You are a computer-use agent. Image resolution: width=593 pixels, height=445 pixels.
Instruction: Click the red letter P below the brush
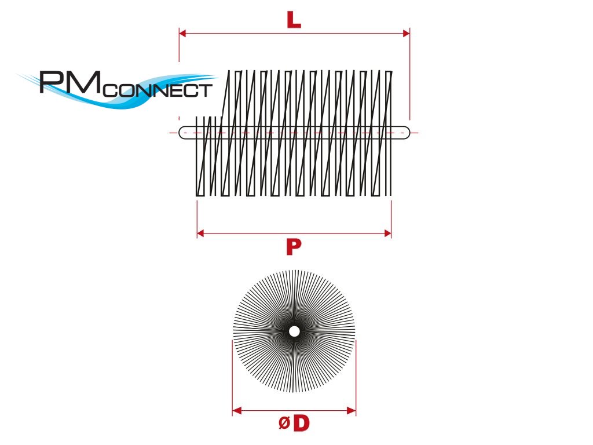click(x=294, y=247)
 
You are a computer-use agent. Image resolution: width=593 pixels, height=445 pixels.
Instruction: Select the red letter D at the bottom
click(x=301, y=424)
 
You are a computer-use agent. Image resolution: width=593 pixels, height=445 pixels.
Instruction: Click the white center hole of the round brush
click(x=294, y=331)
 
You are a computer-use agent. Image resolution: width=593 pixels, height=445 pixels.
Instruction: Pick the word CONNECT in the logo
click(x=158, y=90)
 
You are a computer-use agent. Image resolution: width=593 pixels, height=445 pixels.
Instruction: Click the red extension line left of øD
click(x=233, y=377)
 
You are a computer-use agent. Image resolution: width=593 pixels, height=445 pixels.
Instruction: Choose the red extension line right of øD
click(x=356, y=377)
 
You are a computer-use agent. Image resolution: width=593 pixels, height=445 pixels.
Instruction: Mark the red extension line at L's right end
click(x=410, y=75)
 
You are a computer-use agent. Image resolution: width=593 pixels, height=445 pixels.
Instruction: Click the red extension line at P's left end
click(x=197, y=217)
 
